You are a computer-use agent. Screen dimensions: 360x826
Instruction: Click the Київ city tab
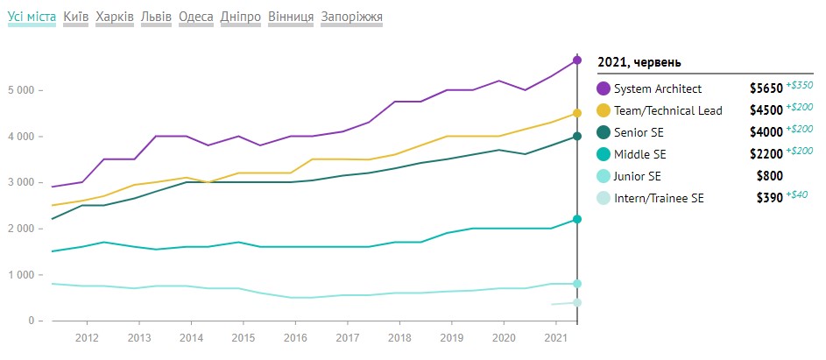pos(76,17)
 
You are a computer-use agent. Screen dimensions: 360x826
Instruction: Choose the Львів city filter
pos(158,17)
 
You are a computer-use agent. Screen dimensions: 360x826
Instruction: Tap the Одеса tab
pos(195,17)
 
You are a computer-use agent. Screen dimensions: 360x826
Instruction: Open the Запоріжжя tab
pos(351,17)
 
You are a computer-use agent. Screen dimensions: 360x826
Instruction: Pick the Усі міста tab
pos(32,17)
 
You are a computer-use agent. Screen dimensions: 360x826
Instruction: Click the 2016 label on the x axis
pos(294,337)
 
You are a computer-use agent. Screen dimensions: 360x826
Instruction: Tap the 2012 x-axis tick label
pos(86,337)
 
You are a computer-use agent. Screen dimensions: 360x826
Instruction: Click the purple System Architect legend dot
pos(604,88)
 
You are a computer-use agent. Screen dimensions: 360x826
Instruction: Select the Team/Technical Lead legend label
pos(668,110)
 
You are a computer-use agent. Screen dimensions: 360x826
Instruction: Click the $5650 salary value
pos(766,88)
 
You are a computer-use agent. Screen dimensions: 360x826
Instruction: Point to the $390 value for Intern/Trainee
pos(768,198)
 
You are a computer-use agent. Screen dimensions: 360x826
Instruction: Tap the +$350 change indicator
pos(800,85)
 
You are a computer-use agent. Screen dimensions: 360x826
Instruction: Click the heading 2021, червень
pos(639,62)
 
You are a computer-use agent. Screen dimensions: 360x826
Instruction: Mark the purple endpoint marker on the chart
pos(577,60)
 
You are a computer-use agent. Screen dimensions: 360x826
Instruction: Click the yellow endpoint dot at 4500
pos(577,113)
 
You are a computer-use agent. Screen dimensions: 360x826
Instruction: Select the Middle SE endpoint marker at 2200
pos(577,219)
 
